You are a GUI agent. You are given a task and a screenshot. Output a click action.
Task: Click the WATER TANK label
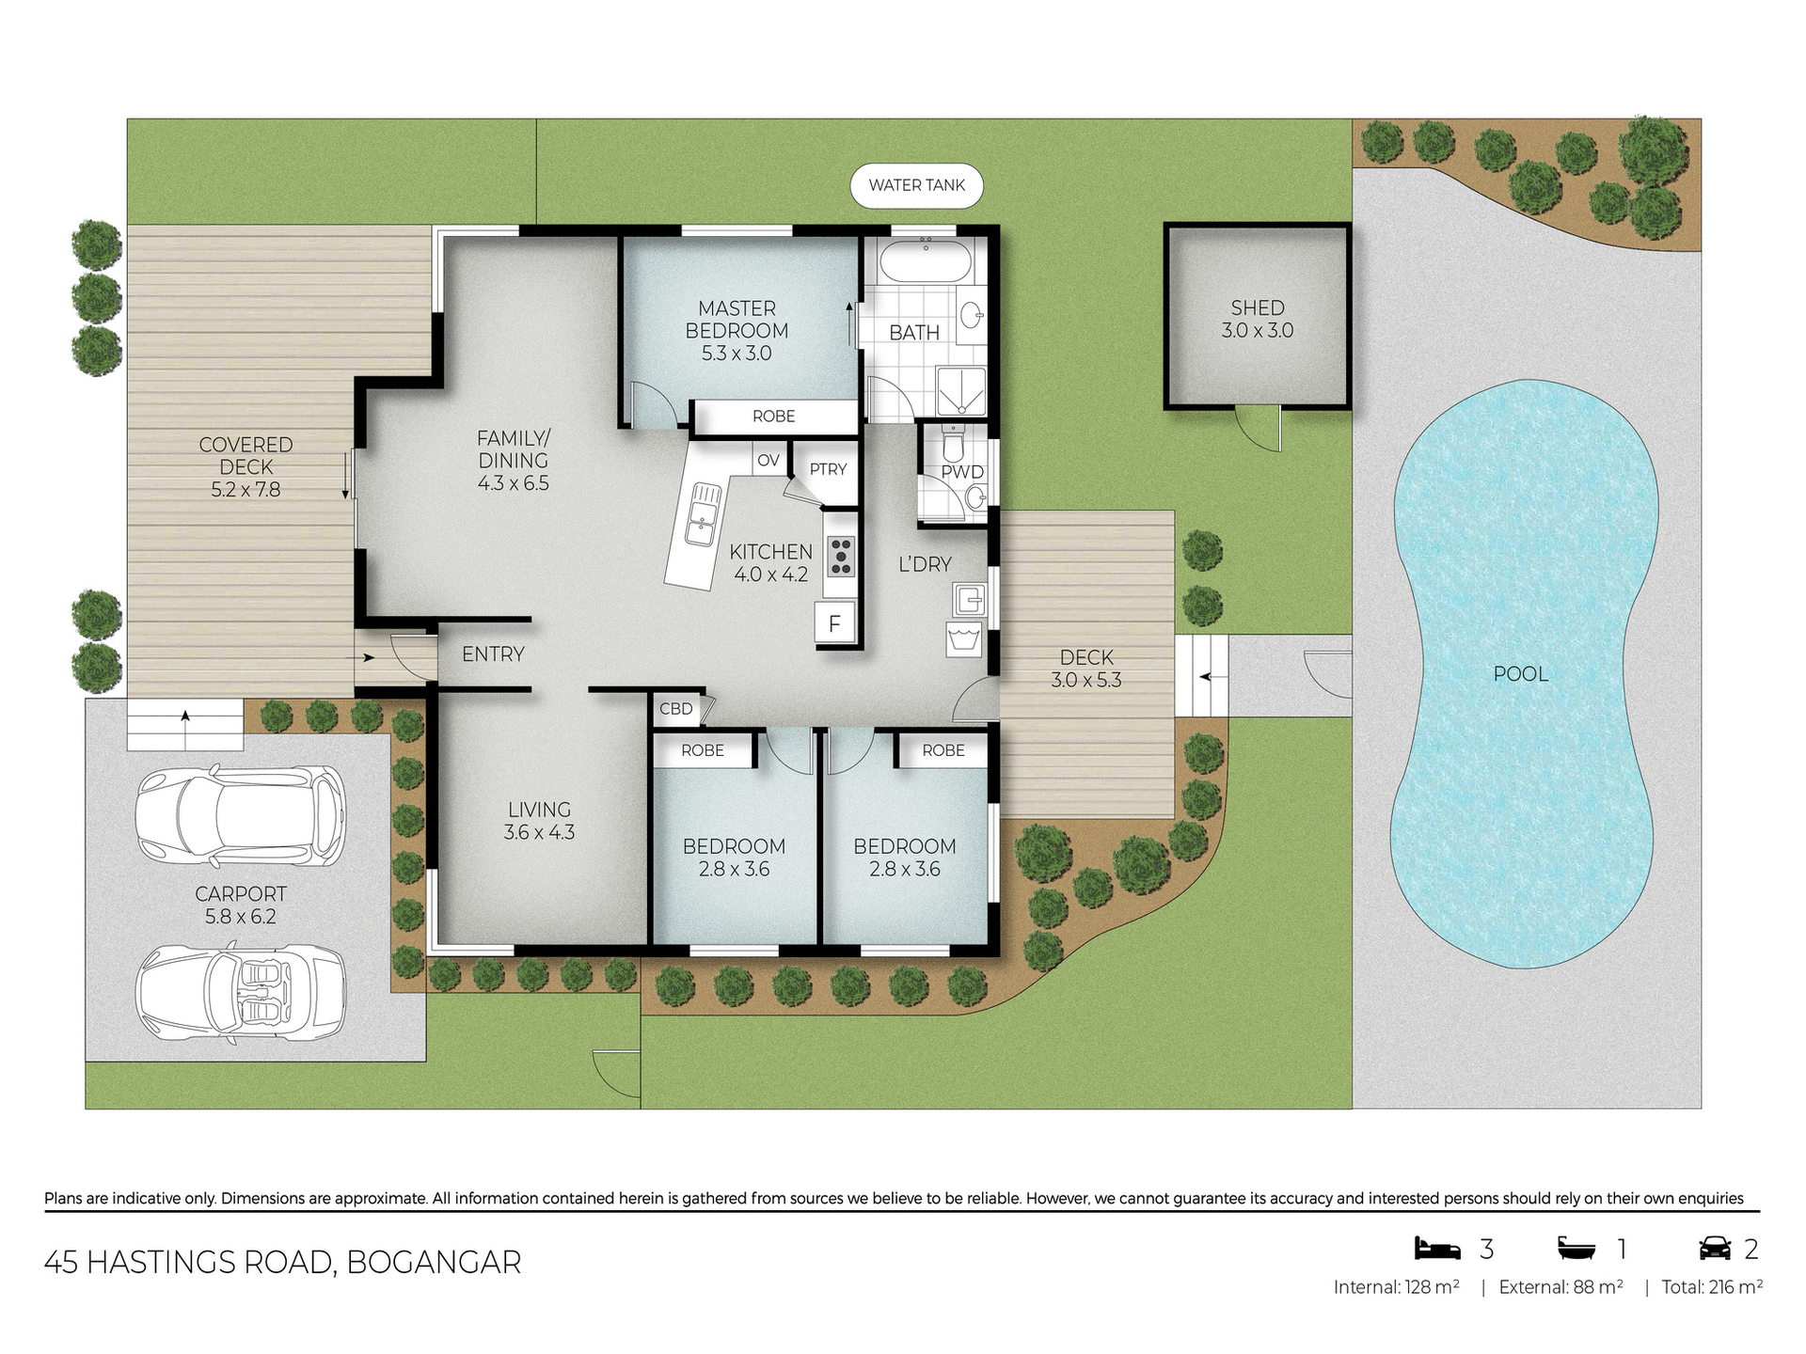pos(916,185)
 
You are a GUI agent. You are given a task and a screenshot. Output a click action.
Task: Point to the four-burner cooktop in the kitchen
pos(840,556)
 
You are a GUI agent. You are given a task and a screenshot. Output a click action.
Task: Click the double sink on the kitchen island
pos(701,514)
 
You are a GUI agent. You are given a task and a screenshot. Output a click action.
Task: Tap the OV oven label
pos(768,461)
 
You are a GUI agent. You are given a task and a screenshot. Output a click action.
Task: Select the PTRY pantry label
pos(828,469)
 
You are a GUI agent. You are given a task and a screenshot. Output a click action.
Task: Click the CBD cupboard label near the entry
pos(675,709)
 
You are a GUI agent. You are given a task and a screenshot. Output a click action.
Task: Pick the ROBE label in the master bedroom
pos(773,417)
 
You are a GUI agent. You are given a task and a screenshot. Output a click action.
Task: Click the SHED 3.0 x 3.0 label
pos(1257,319)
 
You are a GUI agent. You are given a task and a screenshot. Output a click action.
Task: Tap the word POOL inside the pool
pos(1520,673)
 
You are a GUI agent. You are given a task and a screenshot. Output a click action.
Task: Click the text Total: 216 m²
pos(1711,1287)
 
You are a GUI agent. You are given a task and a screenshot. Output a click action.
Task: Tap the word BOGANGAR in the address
pos(434,1262)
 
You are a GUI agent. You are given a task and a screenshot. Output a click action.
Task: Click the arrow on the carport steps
pos(185,718)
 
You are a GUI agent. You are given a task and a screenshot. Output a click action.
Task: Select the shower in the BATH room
pos(960,390)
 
